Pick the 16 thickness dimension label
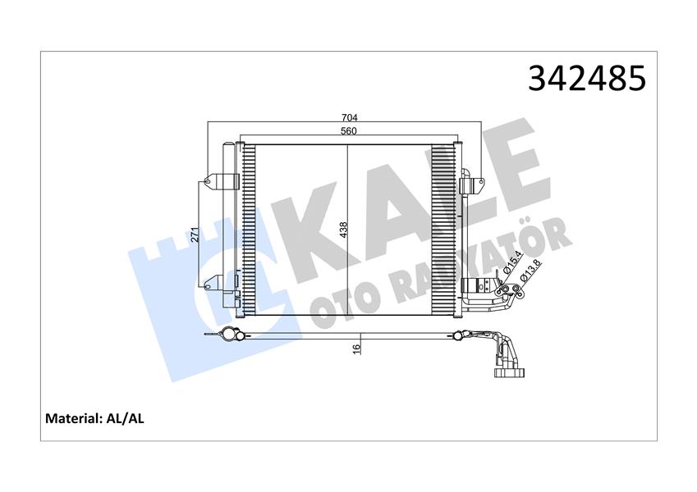[356, 348]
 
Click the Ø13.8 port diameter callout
[530, 271]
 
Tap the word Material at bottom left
[71, 418]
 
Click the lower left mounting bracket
[216, 283]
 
